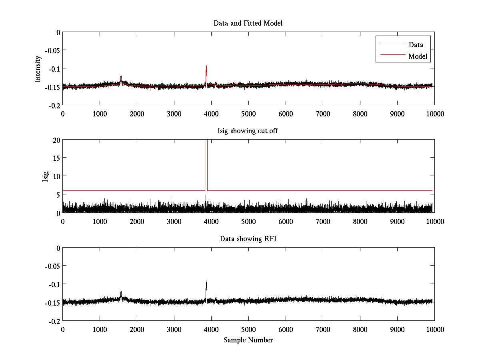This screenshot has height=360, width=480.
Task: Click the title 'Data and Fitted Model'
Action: (248, 23)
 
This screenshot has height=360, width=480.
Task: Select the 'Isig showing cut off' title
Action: (248, 131)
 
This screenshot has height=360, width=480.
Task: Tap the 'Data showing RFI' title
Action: (248, 239)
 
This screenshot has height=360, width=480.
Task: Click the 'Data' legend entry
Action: (416, 44)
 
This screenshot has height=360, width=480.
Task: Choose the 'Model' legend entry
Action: (418, 56)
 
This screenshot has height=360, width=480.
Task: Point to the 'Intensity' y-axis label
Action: (38, 68)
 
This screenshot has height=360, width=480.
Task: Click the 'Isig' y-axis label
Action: (46, 176)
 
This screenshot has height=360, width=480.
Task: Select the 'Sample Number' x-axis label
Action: (248, 340)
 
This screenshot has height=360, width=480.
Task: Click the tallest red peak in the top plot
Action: (206, 66)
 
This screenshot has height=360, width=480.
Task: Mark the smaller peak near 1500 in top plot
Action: (121, 76)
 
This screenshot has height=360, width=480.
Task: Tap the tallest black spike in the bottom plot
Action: (206, 281)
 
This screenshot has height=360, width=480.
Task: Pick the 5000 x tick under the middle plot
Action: (248, 221)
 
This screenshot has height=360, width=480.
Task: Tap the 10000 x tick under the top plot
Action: (434, 114)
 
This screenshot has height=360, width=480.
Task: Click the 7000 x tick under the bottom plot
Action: (323, 329)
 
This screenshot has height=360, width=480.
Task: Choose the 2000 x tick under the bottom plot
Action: (137, 329)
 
